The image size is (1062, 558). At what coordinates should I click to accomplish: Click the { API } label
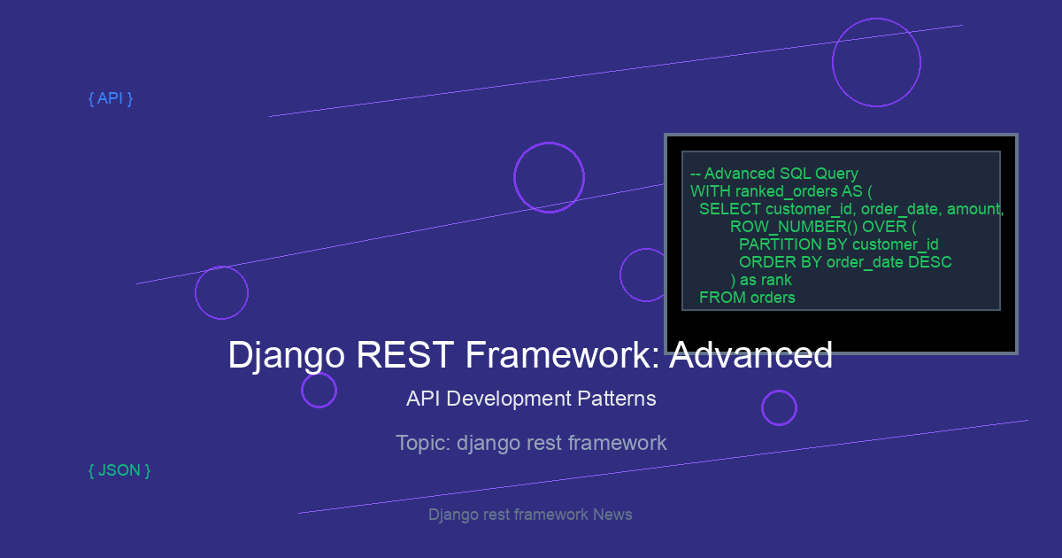[x=111, y=98]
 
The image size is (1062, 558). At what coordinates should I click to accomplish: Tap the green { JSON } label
[x=119, y=470]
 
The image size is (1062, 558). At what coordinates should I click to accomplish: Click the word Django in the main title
[x=287, y=356]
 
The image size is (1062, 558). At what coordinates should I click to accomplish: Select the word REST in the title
[x=405, y=354]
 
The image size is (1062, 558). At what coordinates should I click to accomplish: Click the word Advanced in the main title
[x=751, y=354]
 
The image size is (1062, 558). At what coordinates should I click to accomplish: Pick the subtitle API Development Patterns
[x=531, y=399]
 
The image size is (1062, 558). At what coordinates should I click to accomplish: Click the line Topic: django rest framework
[x=531, y=443]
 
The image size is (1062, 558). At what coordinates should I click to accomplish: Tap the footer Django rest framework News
[x=530, y=515]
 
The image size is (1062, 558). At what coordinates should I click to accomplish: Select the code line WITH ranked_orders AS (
[x=781, y=191]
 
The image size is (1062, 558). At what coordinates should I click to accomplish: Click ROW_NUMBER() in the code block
[x=794, y=227]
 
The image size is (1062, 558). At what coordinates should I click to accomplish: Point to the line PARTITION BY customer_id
[x=839, y=244]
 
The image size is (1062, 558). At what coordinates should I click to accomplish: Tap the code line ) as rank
[x=761, y=280]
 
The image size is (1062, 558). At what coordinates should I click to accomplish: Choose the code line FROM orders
[x=747, y=298]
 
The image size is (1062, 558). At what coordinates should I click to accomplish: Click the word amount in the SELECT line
[x=974, y=209]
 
